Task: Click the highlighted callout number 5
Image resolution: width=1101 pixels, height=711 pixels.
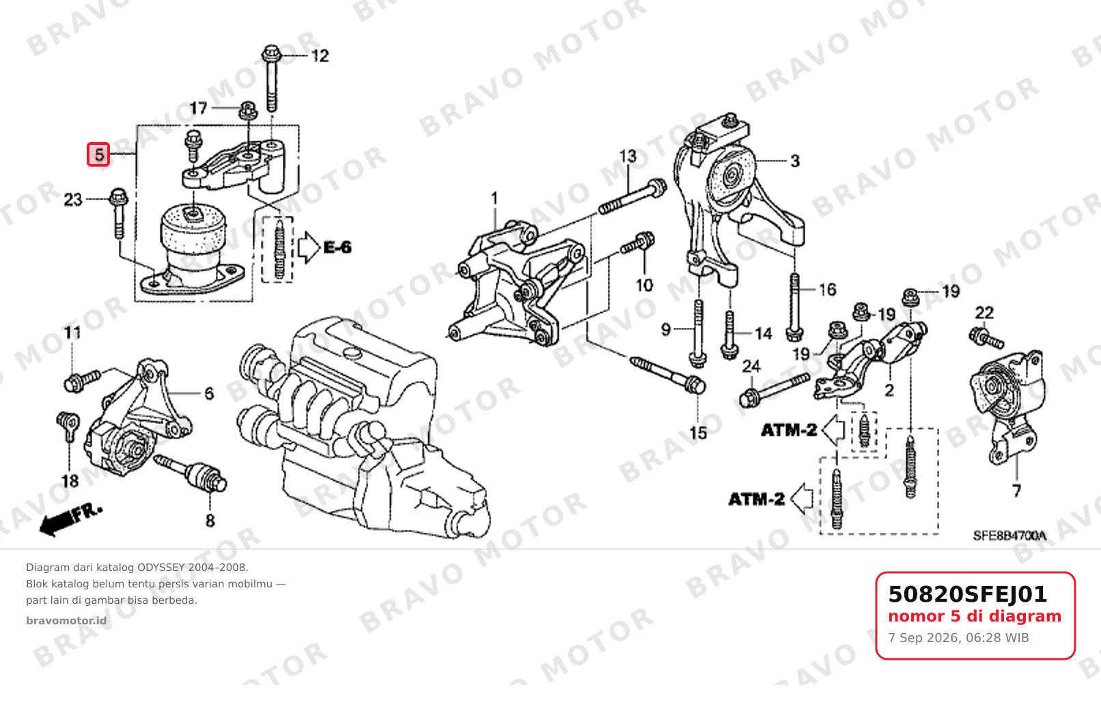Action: click(98, 154)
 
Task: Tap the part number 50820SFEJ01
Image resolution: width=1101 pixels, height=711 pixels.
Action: click(967, 594)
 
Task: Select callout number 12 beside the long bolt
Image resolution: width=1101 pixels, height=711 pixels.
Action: click(320, 56)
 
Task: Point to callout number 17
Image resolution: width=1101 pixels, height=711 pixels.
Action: click(199, 108)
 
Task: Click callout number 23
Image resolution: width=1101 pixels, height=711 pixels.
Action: click(73, 199)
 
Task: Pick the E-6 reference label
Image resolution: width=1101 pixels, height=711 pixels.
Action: click(337, 247)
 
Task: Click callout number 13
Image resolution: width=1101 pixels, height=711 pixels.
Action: click(628, 156)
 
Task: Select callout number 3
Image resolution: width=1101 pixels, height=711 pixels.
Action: click(795, 161)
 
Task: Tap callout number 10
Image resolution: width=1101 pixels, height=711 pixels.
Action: click(644, 285)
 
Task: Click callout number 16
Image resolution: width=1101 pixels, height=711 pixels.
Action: click(828, 290)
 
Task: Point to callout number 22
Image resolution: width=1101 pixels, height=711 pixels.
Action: click(984, 313)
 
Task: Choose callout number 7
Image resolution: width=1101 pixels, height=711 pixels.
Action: click(1016, 490)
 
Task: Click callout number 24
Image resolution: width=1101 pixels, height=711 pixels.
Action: click(751, 366)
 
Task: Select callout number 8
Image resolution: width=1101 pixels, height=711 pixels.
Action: click(210, 520)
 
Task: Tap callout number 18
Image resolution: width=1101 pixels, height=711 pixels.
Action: click(70, 481)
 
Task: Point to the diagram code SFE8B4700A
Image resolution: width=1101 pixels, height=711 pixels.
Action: click(1009, 535)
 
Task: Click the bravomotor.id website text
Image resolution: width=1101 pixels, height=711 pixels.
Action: click(66, 621)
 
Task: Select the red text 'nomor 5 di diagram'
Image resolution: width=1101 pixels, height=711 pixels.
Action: click(975, 616)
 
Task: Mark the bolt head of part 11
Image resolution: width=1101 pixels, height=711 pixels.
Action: click(73, 382)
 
